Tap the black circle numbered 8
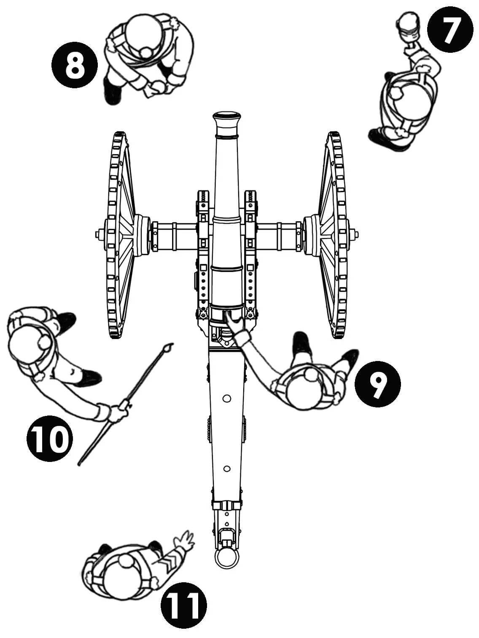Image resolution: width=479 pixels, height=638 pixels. tap(74, 66)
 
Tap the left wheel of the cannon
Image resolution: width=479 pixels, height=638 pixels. tap(119, 234)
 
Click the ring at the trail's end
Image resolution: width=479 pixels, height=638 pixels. tap(227, 559)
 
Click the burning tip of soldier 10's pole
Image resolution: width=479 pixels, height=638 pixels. tap(170, 348)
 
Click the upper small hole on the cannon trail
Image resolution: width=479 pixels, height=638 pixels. tap(227, 398)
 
